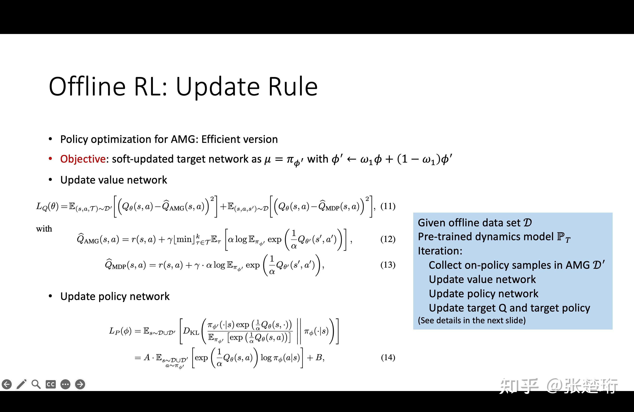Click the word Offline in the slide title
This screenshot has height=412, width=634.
tap(87, 86)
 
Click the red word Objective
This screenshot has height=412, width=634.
tap(83, 159)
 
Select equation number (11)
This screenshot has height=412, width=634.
tap(388, 206)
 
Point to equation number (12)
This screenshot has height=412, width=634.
tap(388, 239)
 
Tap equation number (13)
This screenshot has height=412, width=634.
tap(388, 265)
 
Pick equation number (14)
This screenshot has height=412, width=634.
tap(388, 357)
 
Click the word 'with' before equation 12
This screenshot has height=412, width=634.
tap(44, 229)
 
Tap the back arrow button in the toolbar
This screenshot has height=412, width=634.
tap(7, 384)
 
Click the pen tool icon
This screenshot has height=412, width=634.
tap(21, 384)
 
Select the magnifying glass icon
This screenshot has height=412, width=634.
tap(36, 384)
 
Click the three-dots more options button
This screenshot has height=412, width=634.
tap(65, 384)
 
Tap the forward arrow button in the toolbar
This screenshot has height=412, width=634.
tap(80, 384)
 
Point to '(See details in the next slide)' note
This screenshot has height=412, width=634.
tap(472, 320)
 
